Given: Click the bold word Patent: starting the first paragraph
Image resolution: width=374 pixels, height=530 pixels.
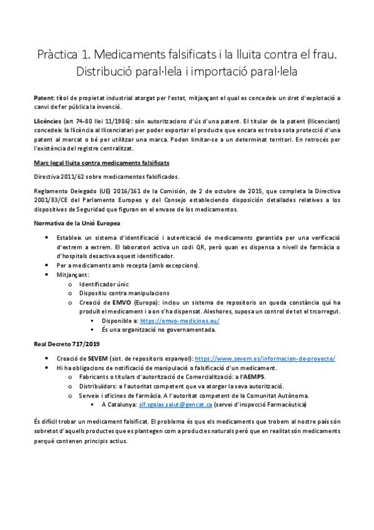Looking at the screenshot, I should point(44,99).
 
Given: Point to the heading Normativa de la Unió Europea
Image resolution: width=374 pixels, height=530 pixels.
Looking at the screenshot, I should point(77,222).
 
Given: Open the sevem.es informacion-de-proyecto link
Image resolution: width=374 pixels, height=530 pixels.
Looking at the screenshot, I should point(265,358).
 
